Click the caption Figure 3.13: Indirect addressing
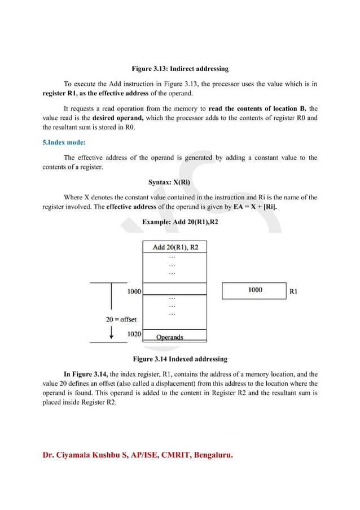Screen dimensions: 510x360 (180, 69)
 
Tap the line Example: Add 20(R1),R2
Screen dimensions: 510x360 (180, 222)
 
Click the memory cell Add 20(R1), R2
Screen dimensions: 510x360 (175, 247)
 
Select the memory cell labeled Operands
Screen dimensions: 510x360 (169, 337)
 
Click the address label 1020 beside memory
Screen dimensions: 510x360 (134, 334)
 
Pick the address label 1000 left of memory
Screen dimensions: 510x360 (134, 291)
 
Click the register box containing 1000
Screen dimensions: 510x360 (254, 290)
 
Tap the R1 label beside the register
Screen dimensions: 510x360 (293, 291)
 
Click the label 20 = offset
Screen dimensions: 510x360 (117, 319)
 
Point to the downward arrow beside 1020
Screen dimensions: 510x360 (112, 332)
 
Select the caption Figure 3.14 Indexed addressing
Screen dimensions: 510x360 (180, 359)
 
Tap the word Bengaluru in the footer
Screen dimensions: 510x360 (213, 455)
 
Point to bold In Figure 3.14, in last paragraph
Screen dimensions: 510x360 (85, 374)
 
